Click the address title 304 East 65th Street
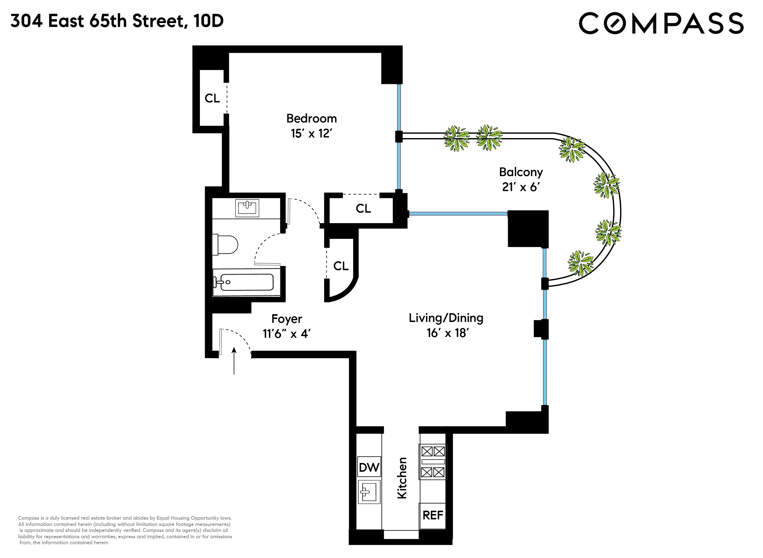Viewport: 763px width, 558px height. point(117,21)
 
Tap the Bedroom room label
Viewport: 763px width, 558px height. point(311,119)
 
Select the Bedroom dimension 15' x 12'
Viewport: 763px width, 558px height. point(311,133)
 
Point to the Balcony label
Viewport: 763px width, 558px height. point(520,172)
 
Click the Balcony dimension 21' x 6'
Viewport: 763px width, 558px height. point(520,187)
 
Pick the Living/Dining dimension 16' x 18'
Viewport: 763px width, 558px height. point(447,333)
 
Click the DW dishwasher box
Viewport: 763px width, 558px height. point(369,468)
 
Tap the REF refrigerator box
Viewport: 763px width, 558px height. point(432,515)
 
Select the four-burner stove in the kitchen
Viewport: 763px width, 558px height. point(433,462)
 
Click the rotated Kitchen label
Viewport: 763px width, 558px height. point(402,478)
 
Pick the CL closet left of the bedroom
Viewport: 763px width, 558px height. point(212,98)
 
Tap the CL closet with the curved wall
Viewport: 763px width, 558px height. point(341,266)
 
